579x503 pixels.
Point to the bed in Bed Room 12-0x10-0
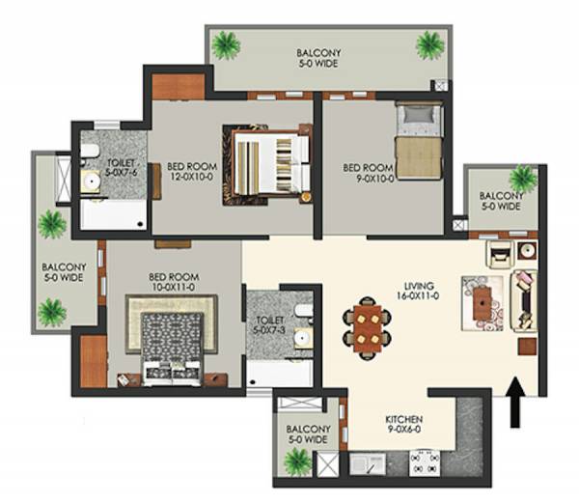click(269, 164)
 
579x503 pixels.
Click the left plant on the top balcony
click(227, 43)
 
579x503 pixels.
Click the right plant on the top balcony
click(430, 43)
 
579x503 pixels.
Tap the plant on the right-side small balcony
click(522, 178)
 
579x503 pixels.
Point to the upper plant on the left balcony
click(51, 224)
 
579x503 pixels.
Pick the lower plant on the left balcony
click(51, 311)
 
